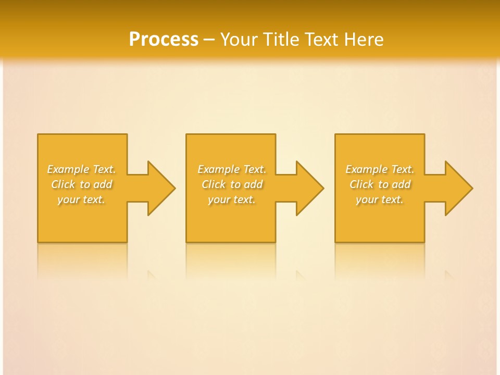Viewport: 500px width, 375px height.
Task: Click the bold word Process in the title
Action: coord(164,40)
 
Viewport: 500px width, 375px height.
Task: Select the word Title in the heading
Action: coord(283,40)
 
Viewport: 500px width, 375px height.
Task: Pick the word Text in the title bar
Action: coord(322,40)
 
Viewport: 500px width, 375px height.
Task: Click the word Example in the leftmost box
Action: coord(68,170)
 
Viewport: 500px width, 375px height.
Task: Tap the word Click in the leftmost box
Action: coord(63,184)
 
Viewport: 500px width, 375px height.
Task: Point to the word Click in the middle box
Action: coord(214,184)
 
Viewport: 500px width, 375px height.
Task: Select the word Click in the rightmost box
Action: coord(361,184)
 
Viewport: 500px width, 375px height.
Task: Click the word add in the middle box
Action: coord(253,184)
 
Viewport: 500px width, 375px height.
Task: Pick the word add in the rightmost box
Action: coord(401,184)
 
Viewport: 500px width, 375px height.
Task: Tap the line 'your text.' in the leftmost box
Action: coord(81,199)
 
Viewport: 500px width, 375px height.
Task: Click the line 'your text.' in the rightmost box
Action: coord(380,199)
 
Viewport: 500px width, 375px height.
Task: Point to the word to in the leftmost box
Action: coord(85,184)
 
